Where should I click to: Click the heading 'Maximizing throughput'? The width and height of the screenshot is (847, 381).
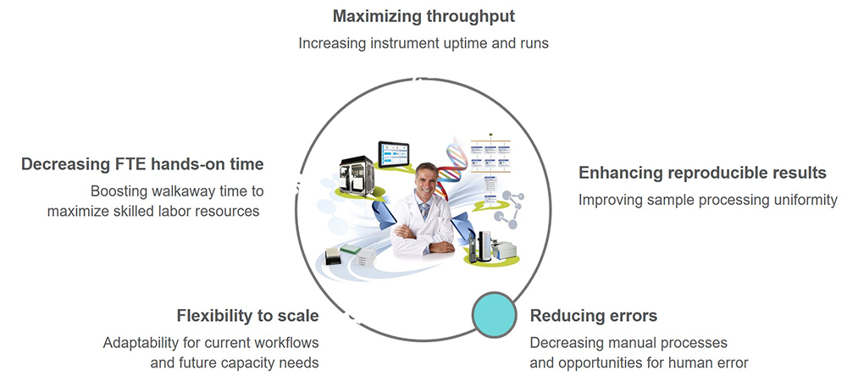tap(423, 16)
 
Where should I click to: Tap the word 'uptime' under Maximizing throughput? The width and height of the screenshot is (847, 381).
tap(457, 42)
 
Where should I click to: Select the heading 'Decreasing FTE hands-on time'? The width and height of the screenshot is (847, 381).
tap(142, 163)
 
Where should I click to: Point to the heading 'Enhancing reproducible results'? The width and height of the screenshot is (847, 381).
tap(702, 173)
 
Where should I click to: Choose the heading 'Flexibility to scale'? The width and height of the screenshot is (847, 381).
tap(247, 316)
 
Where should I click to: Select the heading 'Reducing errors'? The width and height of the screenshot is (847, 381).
tap(593, 316)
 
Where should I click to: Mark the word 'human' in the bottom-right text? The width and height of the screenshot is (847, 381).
tap(680, 363)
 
